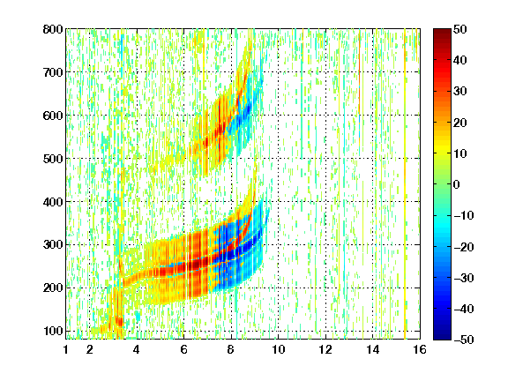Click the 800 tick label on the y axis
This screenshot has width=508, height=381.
point(53,29)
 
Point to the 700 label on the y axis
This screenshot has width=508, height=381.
point(53,72)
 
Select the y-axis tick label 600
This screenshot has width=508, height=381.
point(53,116)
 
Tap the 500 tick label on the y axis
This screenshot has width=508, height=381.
point(53,159)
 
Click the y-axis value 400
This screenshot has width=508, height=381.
point(53,202)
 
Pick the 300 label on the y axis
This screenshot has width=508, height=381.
point(53,245)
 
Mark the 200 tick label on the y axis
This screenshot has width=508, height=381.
point(53,288)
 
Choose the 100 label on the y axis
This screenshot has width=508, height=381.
point(53,331)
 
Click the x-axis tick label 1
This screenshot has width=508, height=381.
point(66,349)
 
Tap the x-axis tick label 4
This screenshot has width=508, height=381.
point(137,349)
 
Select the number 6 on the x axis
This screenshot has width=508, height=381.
point(183,349)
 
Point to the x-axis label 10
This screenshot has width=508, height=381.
point(278,349)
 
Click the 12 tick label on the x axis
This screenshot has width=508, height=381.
point(325,349)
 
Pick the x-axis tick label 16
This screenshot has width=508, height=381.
point(420,349)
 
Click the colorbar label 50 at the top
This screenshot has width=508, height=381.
point(459,29)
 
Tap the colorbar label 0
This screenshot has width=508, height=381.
point(457,184)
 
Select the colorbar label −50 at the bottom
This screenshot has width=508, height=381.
point(463,340)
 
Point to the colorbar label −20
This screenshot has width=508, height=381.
point(463,247)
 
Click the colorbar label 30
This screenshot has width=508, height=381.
point(459,92)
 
